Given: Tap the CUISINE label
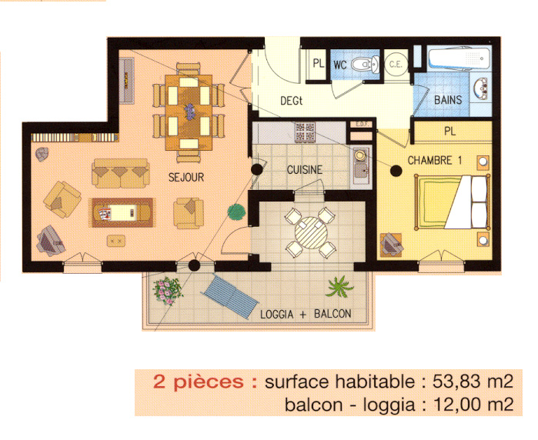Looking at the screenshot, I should pyautogui.click(x=304, y=169).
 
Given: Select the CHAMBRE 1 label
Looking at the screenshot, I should pyautogui.click(x=435, y=161).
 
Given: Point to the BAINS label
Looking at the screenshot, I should pyautogui.click(x=448, y=100).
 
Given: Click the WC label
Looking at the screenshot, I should pyautogui.click(x=339, y=65).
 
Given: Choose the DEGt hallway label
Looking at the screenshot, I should pyautogui.click(x=292, y=99).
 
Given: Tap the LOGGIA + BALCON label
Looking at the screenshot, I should pyautogui.click(x=306, y=314).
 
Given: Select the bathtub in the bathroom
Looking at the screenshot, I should pyautogui.click(x=459, y=59).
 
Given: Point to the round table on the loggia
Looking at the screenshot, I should pyautogui.click(x=309, y=232).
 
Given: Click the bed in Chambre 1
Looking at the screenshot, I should pyautogui.click(x=452, y=202).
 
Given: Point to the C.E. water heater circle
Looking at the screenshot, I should pyautogui.click(x=396, y=65).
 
